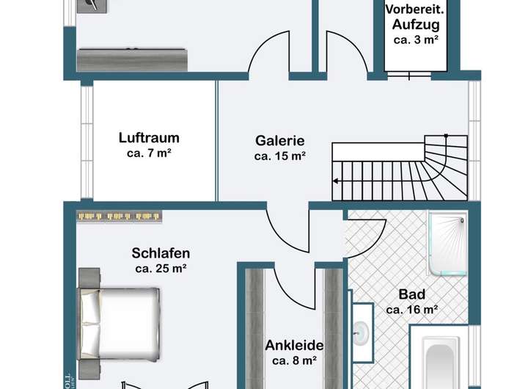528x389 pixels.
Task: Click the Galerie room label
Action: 279,141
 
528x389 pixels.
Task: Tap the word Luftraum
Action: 149,137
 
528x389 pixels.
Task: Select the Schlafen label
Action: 161,253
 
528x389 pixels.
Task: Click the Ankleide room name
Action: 294,345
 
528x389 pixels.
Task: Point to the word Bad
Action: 411,294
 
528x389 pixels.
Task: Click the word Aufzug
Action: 416,26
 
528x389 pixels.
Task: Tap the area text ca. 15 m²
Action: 279,156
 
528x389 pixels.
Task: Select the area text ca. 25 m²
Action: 161,269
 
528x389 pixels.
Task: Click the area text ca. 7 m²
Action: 149,153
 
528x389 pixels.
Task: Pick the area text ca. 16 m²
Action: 411,310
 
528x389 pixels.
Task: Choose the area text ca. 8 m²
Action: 294,360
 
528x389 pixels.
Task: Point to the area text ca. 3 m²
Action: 416,40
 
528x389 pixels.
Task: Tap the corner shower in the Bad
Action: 447,241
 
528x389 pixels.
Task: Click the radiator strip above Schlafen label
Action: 119,216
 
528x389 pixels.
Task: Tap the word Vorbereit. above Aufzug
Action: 416,10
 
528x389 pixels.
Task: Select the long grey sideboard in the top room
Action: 133,58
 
